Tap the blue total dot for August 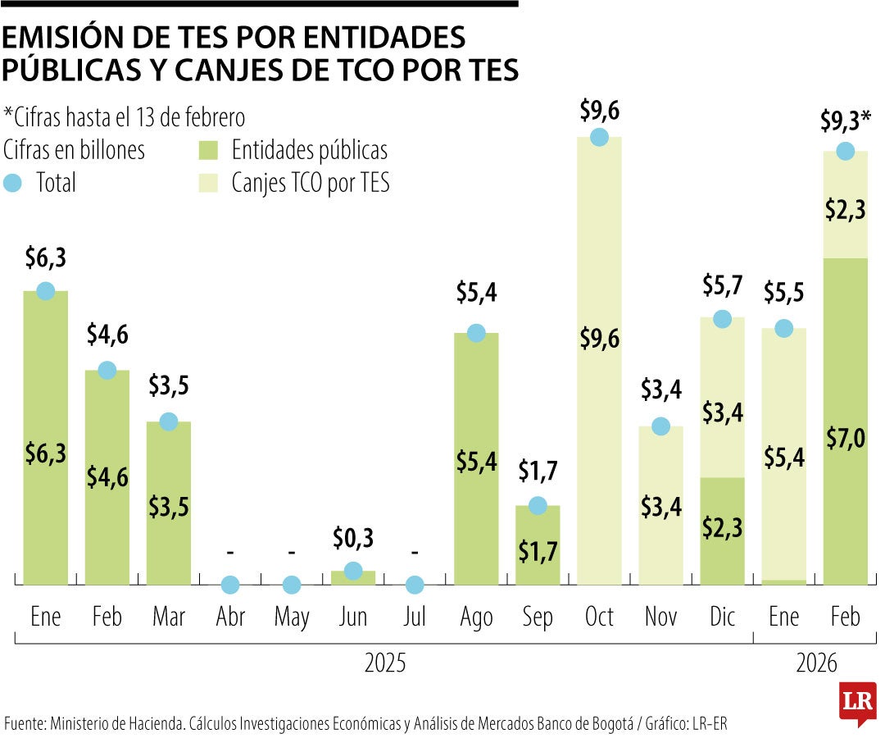(x=476, y=333)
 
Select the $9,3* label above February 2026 (x=845, y=122)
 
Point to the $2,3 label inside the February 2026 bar (x=845, y=210)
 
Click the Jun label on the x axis (x=353, y=617)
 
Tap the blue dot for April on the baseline (x=230, y=585)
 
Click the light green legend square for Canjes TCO (x=207, y=184)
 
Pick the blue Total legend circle (x=13, y=184)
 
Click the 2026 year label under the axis (x=816, y=663)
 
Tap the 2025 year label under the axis (x=384, y=663)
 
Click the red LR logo (x=857, y=702)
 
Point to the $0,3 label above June (x=353, y=539)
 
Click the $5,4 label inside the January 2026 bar (x=783, y=458)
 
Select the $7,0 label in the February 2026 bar (x=845, y=440)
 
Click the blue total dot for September (x=538, y=505)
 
